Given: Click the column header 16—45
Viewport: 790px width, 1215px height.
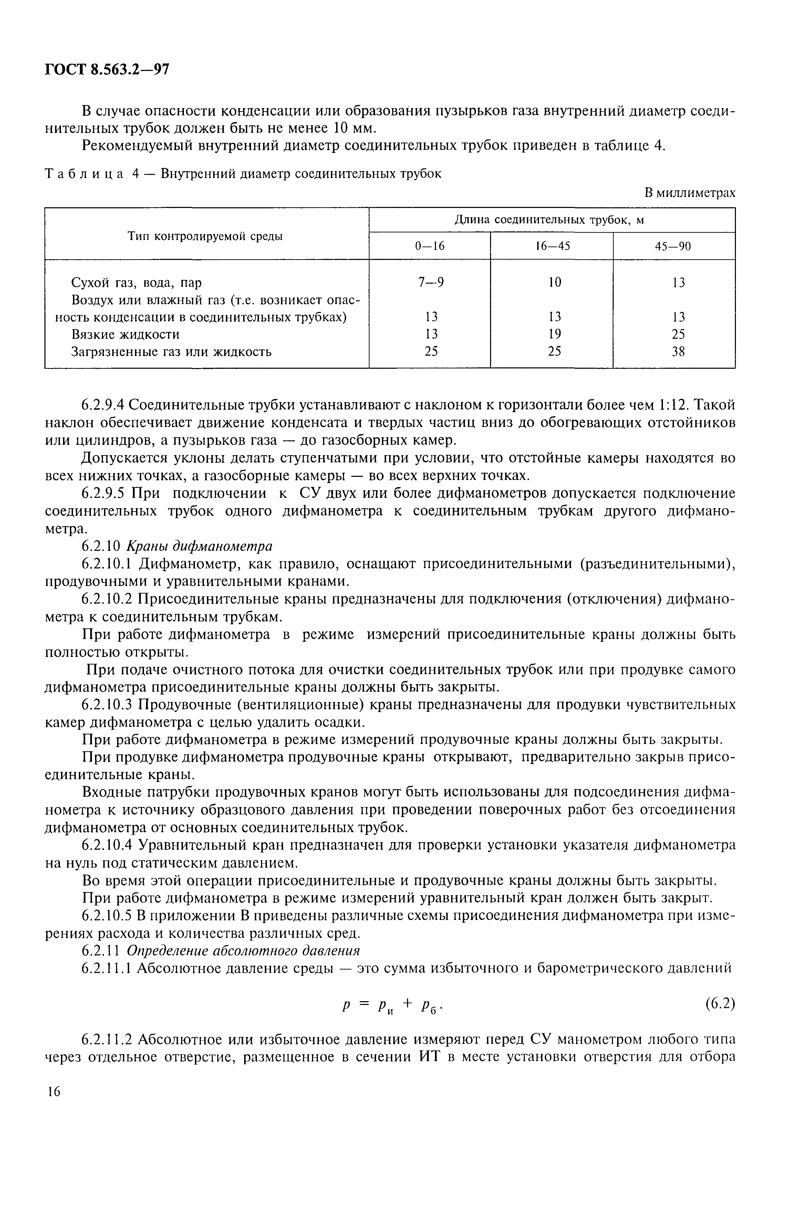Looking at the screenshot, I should (x=552, y=247).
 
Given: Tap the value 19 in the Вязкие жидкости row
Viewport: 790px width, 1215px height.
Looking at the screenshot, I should (x=554, y=334).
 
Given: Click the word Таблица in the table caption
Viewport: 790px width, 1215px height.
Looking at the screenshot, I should (x=84, y=174).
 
